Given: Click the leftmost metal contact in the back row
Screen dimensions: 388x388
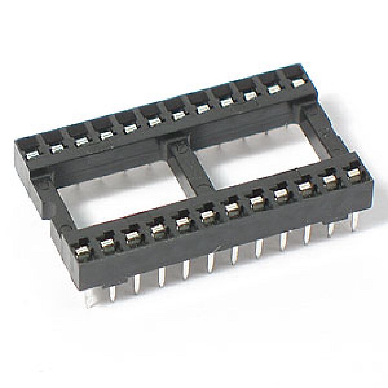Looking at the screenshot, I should tap(32, 154).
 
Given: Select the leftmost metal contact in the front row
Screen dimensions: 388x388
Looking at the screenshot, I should tap(82, 250).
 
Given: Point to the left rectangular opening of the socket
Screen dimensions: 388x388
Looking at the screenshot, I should tap(121, 197).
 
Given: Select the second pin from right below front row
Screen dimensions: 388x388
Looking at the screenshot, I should tap(331, 229).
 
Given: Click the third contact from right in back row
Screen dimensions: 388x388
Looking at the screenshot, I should tap(250, 95).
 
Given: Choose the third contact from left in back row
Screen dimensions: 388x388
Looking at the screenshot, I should tap(81, 141).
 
